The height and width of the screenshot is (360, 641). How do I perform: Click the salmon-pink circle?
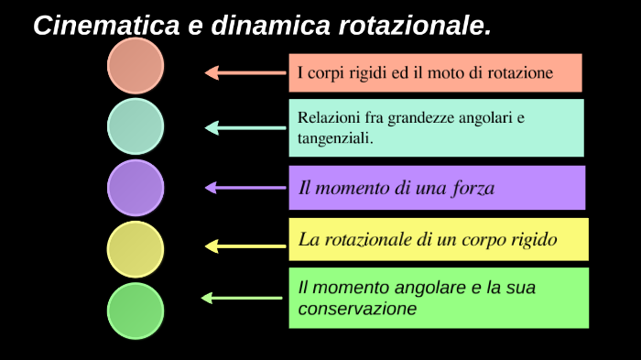pos(136,65)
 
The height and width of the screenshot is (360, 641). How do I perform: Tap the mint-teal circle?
pos(136,126)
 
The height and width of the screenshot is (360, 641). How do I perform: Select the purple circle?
pos(136,187)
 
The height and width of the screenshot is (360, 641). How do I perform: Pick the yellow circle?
pos(136,249)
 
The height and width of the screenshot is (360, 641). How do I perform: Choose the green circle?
pos(136,310)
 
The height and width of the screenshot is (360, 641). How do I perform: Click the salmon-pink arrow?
pos(244,72)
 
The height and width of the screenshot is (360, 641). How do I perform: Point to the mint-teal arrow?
pos(244,128)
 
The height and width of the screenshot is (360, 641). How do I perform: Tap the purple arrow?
pos(244,188)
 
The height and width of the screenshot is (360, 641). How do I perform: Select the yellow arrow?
pos(244,245)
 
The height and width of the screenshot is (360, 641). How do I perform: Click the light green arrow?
pos(242,298)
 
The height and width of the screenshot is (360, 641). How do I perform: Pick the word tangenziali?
pos(335,139)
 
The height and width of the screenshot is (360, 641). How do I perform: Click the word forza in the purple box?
pos(473,189)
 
